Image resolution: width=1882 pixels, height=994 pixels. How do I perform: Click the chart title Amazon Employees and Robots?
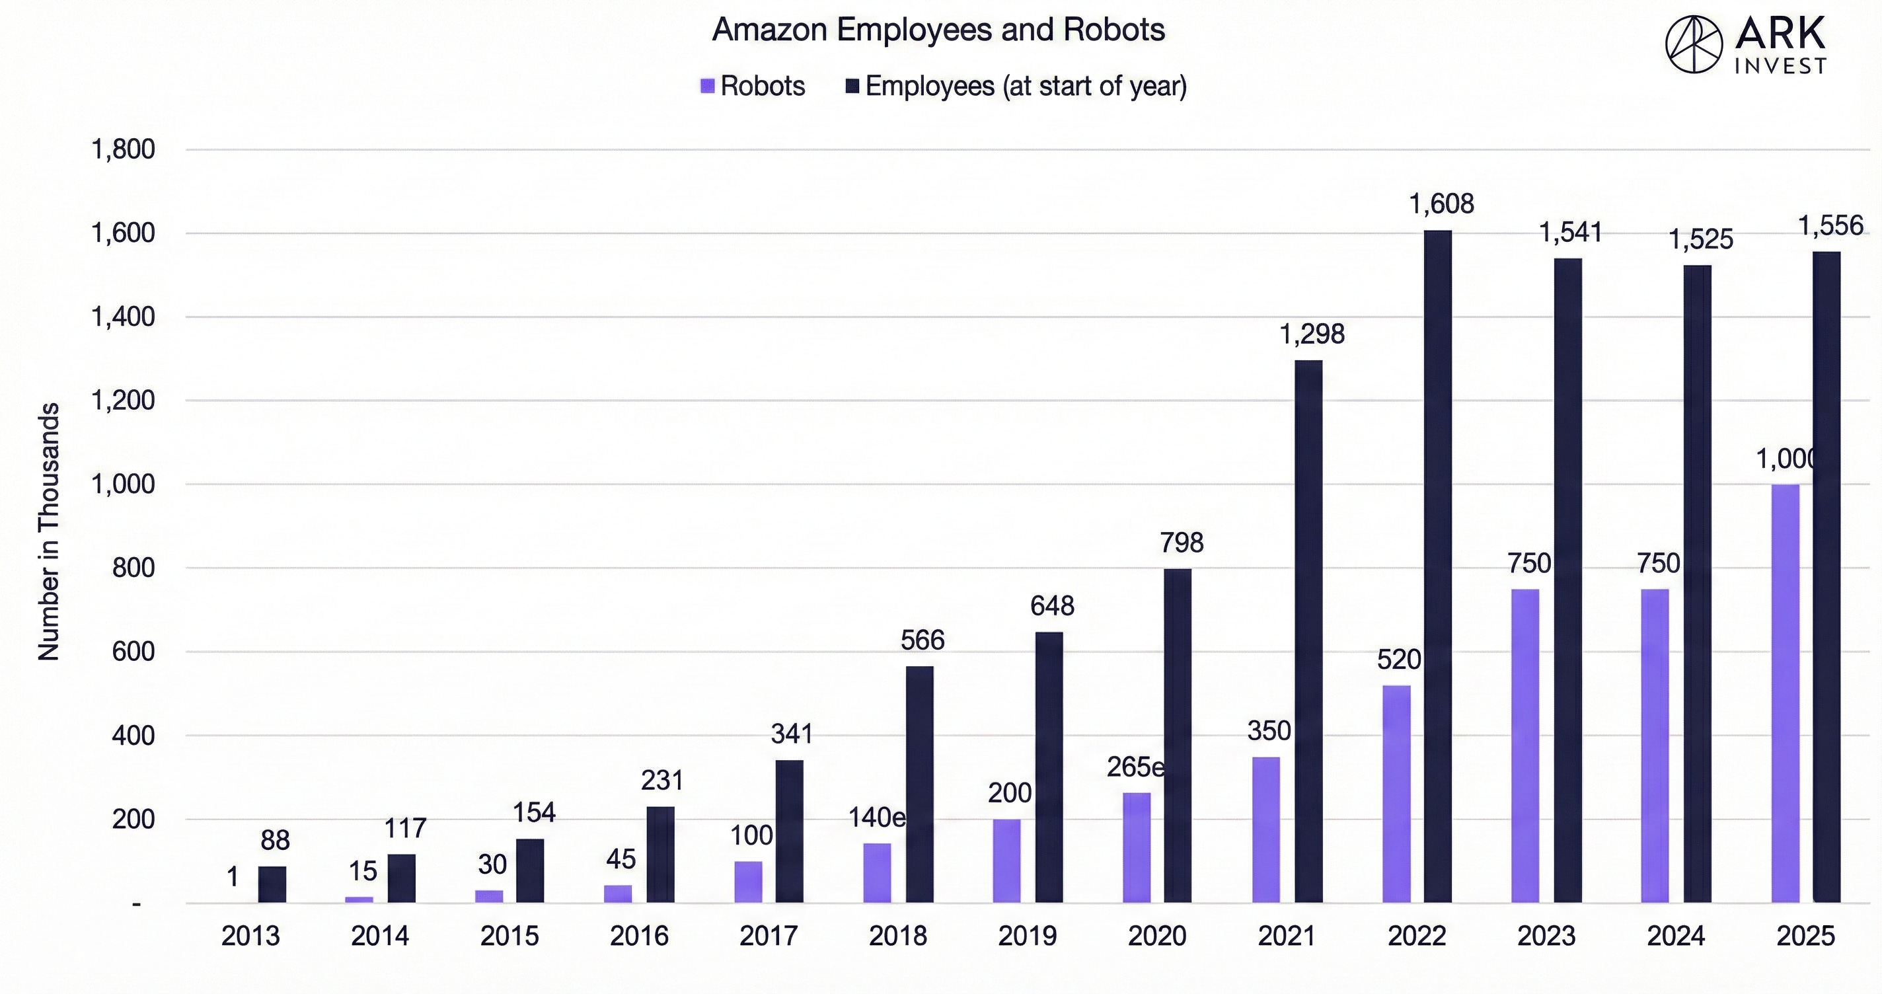938,30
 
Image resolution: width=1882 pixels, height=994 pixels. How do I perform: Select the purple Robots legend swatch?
706,86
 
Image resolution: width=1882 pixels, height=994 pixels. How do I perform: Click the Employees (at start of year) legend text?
1025,86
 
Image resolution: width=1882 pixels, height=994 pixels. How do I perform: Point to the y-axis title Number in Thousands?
48,532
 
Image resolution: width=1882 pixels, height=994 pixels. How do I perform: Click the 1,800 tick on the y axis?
123,150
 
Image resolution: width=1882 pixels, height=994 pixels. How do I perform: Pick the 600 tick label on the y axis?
133,652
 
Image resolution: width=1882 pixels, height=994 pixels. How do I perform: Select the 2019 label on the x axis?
1027,937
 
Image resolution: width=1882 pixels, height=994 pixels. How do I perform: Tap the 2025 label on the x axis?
1805,937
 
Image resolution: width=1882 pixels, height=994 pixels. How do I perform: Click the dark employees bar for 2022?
1438,566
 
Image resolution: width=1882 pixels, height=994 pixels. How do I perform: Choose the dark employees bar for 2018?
919,784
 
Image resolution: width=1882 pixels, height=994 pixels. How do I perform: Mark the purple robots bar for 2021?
1265,829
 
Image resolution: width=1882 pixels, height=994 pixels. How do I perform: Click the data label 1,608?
1441,204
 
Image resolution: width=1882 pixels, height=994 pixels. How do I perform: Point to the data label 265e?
1135,767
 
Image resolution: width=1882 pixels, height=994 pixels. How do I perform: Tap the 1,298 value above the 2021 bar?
1312,334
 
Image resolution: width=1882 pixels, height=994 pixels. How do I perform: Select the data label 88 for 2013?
275,841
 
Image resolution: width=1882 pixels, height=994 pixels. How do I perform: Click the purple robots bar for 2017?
748,882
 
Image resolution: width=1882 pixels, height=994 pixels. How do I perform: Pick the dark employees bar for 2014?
401,878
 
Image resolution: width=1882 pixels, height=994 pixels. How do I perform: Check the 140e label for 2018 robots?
876,817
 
